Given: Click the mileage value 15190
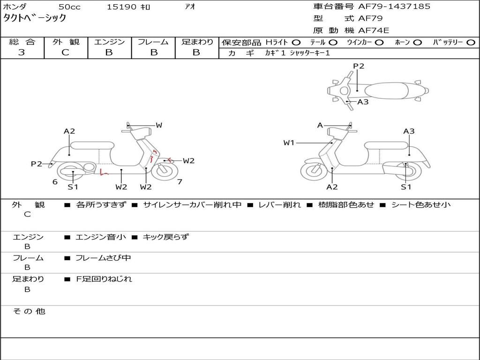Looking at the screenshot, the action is [x=121, y=7].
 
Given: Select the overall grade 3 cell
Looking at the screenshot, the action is [x=22, y=52].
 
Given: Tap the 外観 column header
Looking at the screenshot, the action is [x=66, y=42].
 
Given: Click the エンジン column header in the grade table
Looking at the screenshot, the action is [x=109, y=42].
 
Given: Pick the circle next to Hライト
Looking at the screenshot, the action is [x=297, y=43].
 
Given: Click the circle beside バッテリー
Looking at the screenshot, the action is [x=471, y=43].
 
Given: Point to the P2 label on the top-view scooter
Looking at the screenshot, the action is [x=359, y=66].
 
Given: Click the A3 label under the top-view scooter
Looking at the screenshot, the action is [x=363, y=102].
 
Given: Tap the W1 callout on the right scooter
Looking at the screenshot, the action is [x=289, y=142].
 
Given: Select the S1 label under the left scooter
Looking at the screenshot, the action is [x=73, y=187].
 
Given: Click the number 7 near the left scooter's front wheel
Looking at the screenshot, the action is [x=180, y=182].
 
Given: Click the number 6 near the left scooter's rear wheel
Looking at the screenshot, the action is [x=55, y=182].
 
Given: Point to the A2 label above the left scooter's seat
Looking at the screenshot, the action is [x=69, y=131].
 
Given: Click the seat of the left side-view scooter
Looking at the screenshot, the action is [x=91, y=145].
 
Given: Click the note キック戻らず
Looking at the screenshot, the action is [x=165, y=237].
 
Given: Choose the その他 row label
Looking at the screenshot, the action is [x=29, y=311].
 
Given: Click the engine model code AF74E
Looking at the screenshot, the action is [x=374, y=30].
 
